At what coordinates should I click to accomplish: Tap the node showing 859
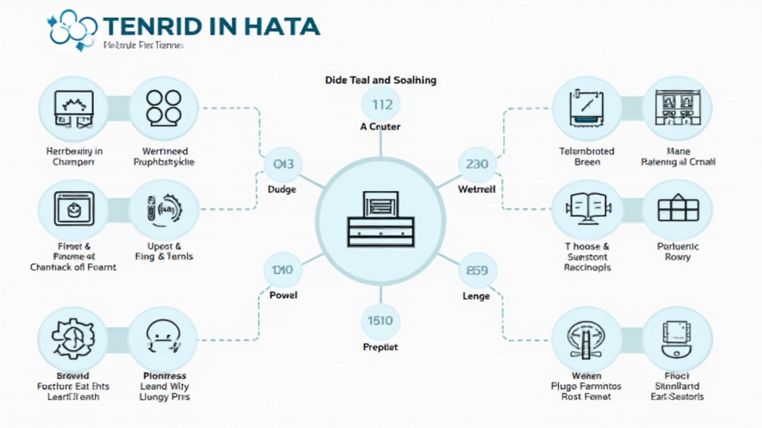(x=476, y=271)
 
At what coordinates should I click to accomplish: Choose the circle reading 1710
(x=283, y=271)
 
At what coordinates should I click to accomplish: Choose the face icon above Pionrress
(x=164, y=338)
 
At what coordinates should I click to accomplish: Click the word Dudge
(x=282, y=189)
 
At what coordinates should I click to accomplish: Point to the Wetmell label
(x=476, y=189)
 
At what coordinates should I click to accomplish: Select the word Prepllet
(x=380, y=347)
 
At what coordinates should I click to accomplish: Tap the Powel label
(x=283, y=295)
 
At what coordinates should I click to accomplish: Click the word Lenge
(x=476, y=296)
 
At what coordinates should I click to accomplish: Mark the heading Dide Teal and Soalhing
(x=381, y=80)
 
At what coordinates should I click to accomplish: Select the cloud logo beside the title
(x=71, y=27)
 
